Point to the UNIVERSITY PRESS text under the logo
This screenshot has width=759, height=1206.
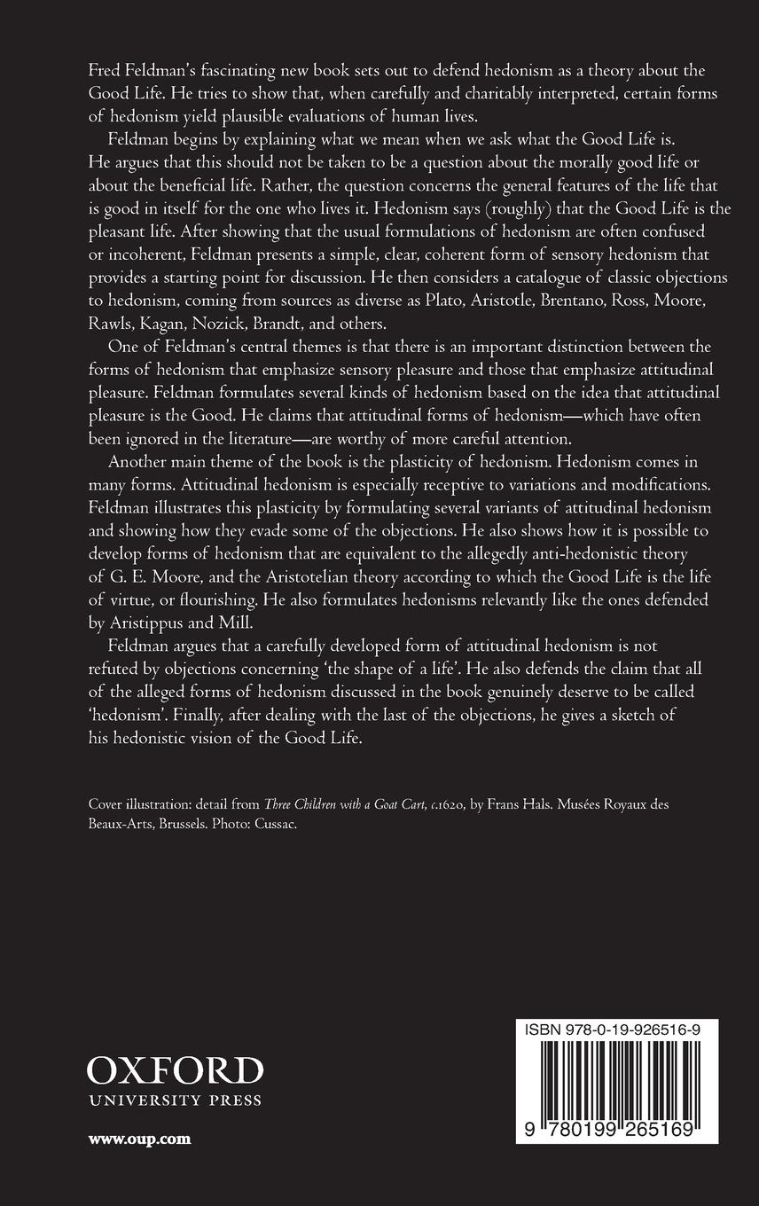(x=175, y=1101)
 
